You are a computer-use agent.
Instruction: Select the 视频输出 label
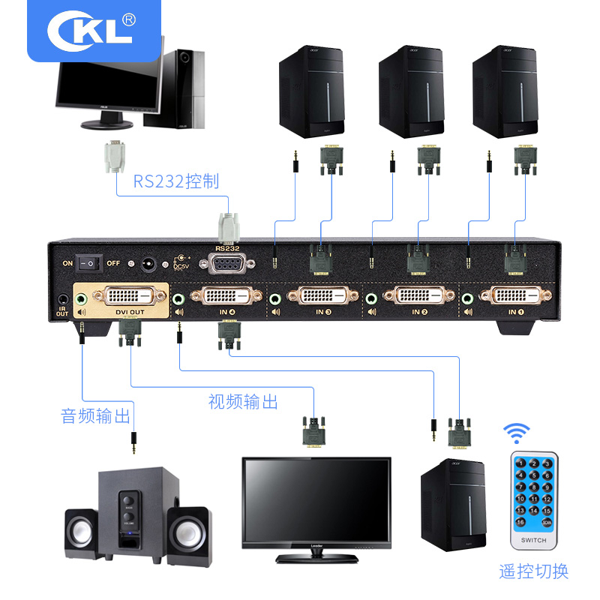(x=243, y=402)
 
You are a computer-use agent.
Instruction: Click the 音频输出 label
(x=95, y=415)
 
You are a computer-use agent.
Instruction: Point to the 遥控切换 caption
(x=534, y=571)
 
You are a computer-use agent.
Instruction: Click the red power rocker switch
(x=91, y=262)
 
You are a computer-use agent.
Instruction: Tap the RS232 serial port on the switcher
(x=225, y=264)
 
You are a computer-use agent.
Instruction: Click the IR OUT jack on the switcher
(x=62, y=299)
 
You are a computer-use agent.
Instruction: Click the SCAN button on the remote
(x=547, y=521)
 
